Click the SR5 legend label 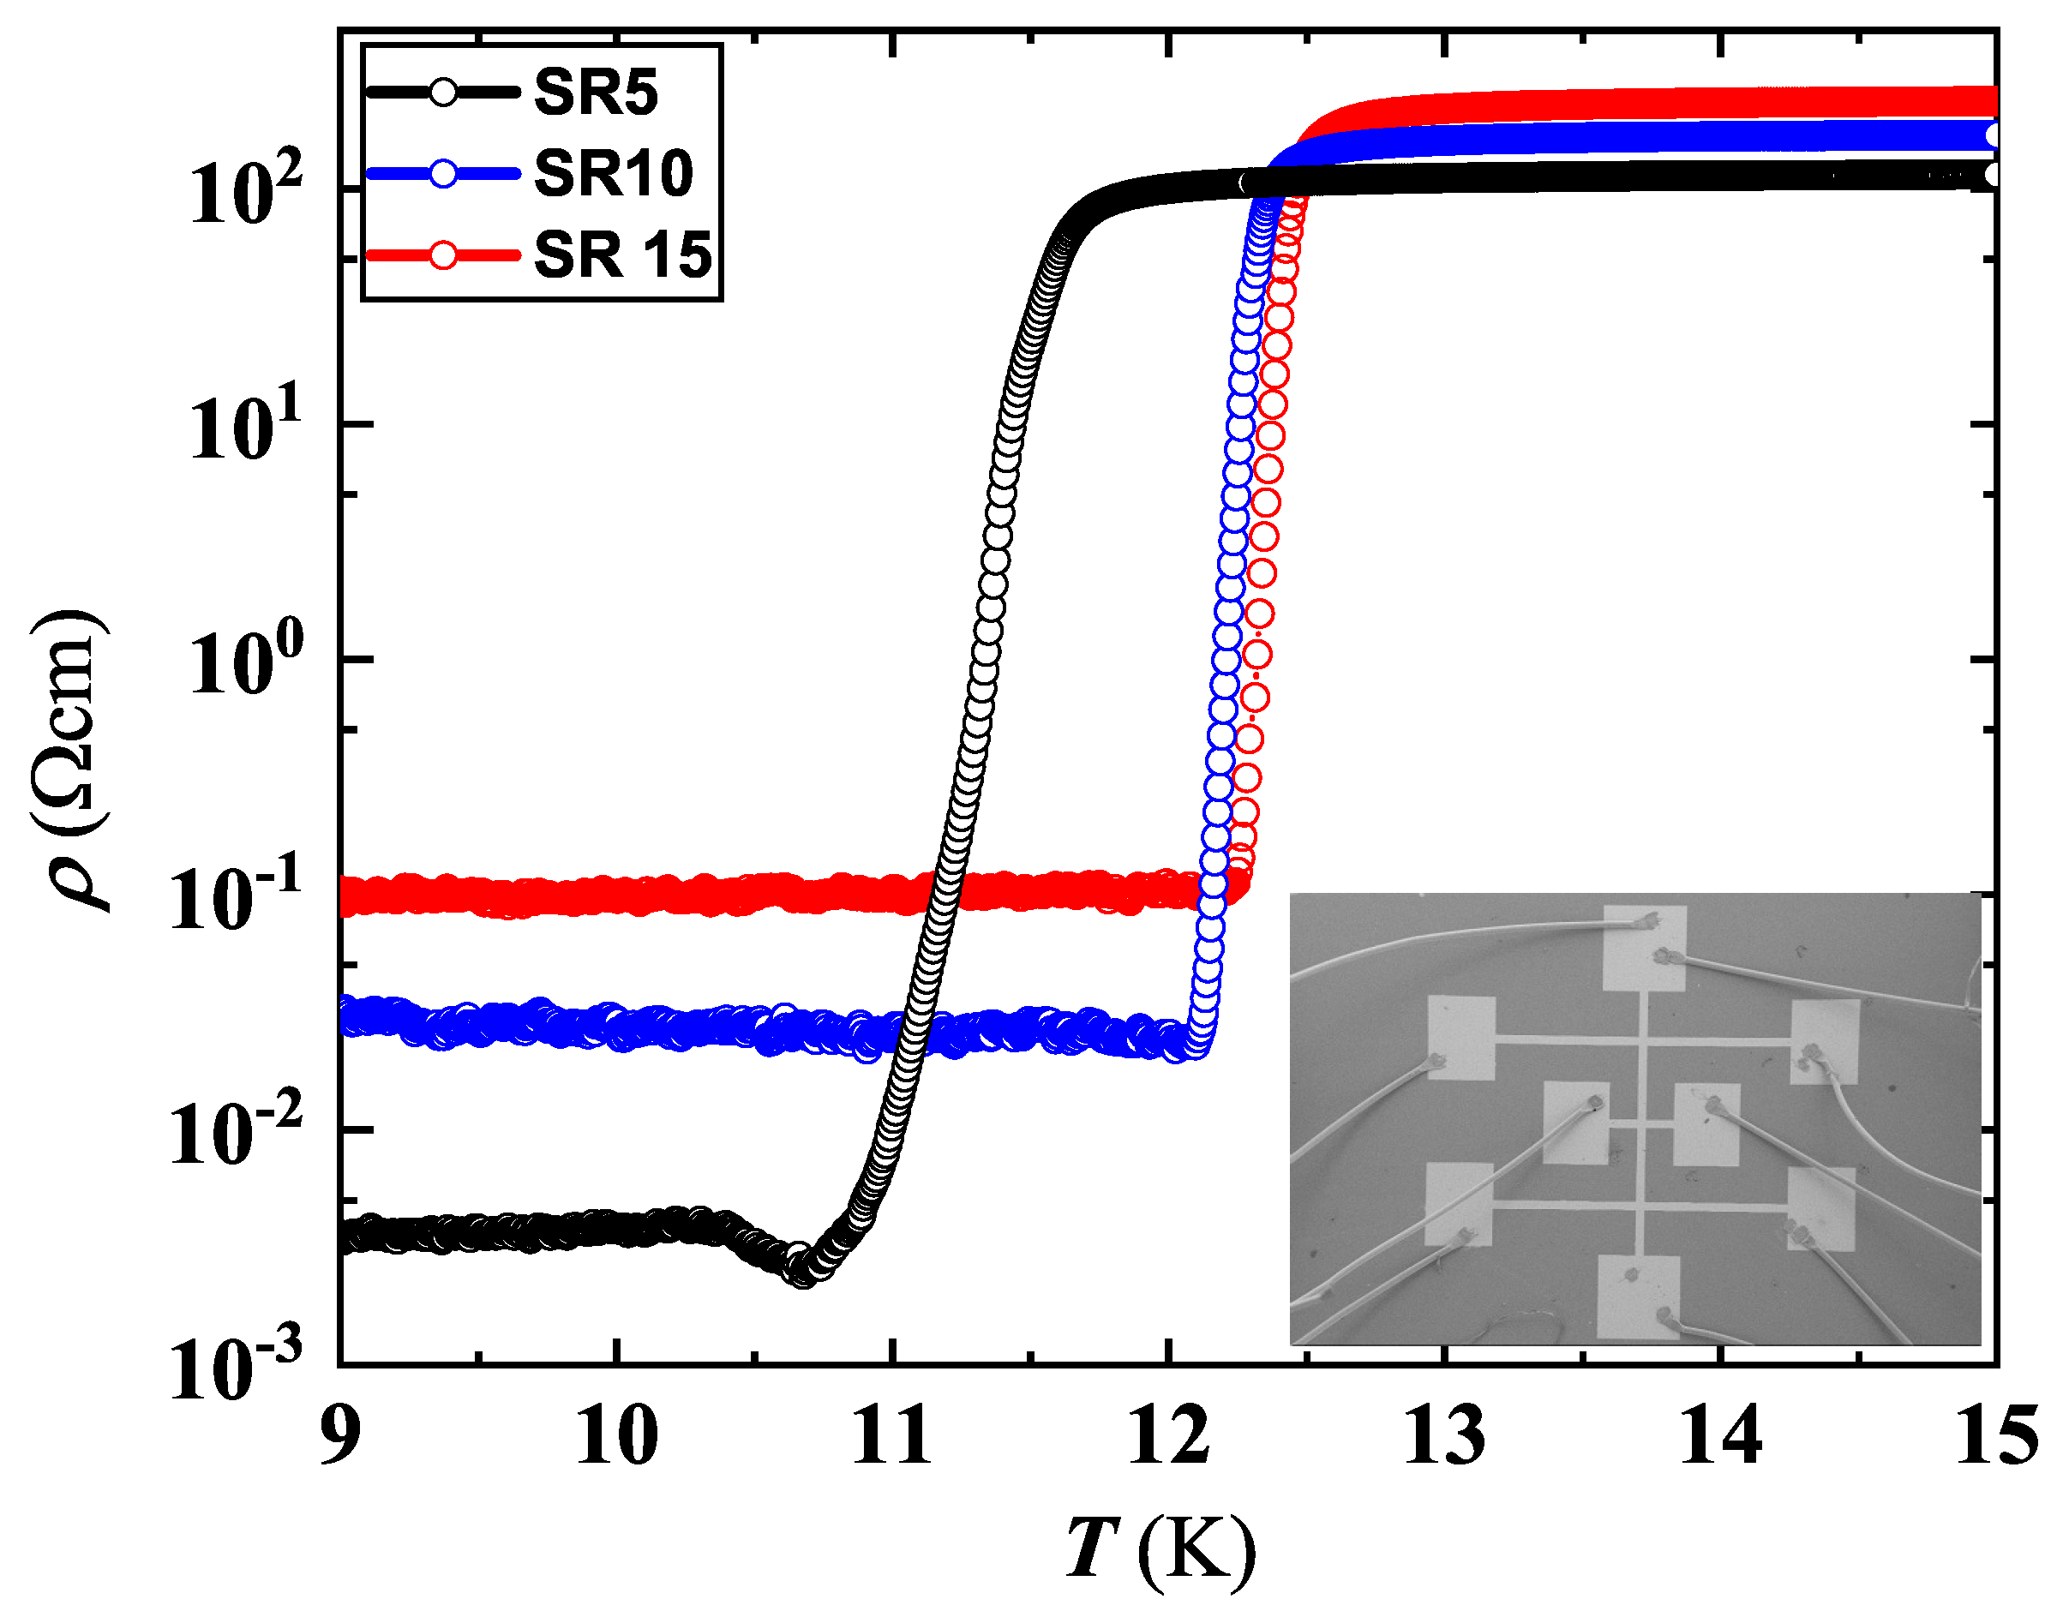pyautogui.click(x=595, y=93)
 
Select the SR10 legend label pyautogui.click(x=613, y=174)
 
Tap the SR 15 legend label pyautogui.click(x=622, y=255)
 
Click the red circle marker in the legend pyautogui.click(x=443, y=255)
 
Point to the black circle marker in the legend pyautogui.click(x=443, y=93)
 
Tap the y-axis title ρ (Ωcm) pyautogui.click(x=71, y=760)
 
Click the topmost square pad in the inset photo pyautogui.click(x=1645, y=949)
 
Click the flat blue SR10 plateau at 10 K pyautogui.click(x=616, y=1027)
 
